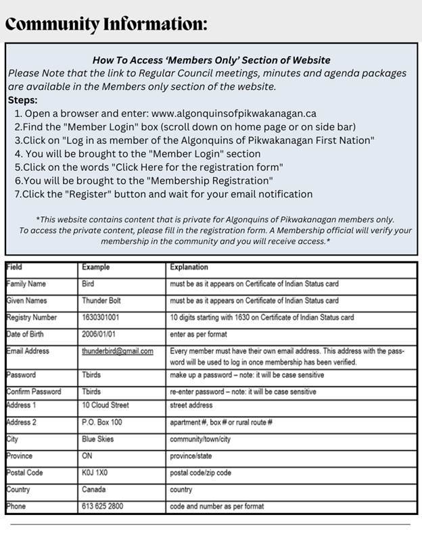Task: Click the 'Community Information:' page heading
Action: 105,24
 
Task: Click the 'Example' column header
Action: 95,267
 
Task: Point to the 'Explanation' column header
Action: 189,267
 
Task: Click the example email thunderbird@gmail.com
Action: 117,351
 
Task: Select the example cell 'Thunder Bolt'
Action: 103,301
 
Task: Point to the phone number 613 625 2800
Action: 102,506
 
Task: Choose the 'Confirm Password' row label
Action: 34,391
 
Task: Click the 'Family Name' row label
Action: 28,284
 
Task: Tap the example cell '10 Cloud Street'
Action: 105,405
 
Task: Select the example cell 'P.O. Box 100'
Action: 102,422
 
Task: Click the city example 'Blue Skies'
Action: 98,439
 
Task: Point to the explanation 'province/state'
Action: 193,455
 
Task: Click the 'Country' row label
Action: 18,489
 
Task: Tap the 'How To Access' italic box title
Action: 210,59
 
